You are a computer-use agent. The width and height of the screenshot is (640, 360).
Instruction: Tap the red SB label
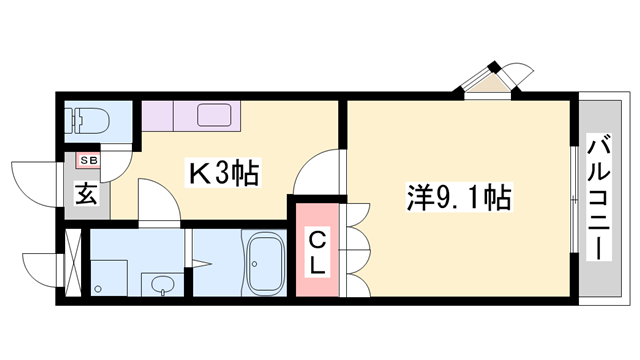coord(86,159)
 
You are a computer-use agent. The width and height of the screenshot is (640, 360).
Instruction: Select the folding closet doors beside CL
coord(356,250)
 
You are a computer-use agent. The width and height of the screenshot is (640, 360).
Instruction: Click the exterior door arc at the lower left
coord(38,267)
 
